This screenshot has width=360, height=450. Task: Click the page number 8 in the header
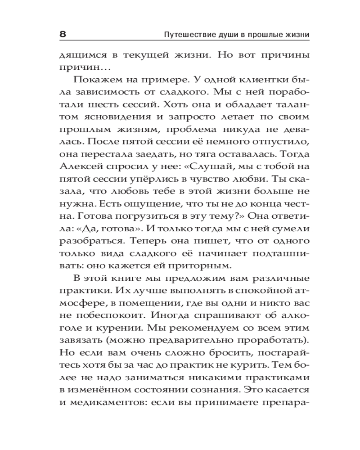tap(63, 34)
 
